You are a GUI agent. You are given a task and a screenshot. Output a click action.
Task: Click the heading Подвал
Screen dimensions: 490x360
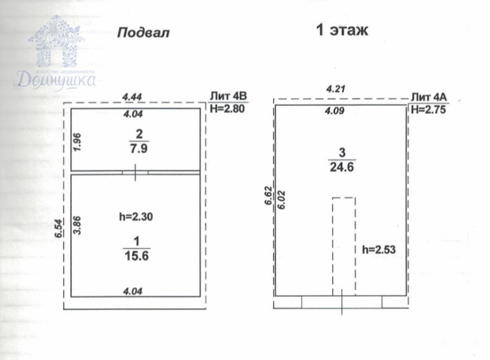(x=144, y=32)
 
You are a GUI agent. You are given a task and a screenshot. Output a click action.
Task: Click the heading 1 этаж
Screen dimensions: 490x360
(x=342, y=30)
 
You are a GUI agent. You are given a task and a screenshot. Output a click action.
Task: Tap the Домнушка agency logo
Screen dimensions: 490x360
(x=55, y=53)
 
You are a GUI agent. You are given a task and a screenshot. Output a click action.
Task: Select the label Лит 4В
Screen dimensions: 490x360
(x=229, y=96)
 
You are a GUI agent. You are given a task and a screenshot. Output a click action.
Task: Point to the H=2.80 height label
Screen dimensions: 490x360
(x=227, y=109)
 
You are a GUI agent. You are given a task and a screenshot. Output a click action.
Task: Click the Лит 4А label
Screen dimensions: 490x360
(x=429, y=97)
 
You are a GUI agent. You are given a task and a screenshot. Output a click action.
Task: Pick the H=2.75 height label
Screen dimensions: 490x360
(x=429, y=109)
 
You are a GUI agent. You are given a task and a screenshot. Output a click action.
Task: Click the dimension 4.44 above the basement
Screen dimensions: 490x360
(x=132, y=97)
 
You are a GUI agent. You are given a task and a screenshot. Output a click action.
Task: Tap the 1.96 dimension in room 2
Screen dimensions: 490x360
(x=77, y=142)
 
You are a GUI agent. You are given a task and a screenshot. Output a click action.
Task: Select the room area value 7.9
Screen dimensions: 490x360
(x=139, y=149)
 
